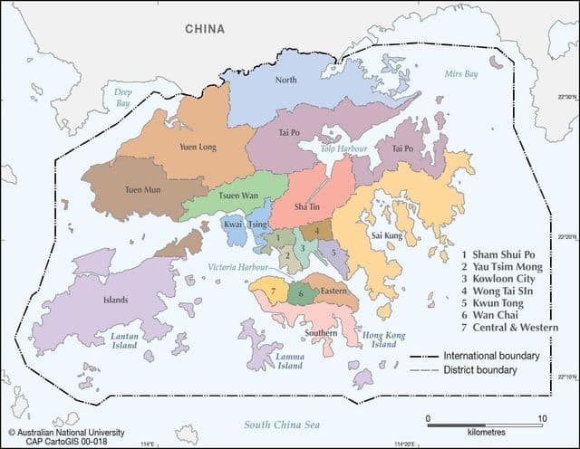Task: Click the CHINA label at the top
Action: coord(205,29)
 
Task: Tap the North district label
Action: coord(285,81)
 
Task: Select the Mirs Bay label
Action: coord(460,72)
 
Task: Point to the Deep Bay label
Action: coord(122,98)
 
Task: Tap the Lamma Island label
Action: coord(290,360)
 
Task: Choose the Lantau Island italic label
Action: coord(124,341)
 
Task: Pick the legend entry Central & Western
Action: coord(513,328)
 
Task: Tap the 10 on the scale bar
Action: coord(541,418)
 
